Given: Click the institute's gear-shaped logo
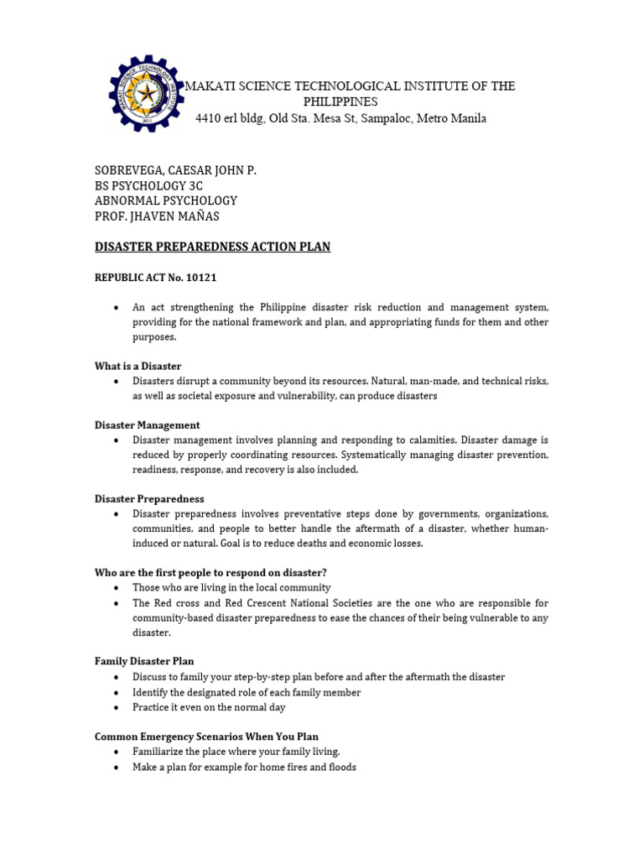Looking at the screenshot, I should pos(145,95).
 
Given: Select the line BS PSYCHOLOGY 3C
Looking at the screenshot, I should pos(148,185).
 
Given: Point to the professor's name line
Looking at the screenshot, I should pos(158,216).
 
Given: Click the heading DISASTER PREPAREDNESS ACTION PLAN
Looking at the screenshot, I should pos(212,247).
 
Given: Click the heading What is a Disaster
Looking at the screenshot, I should pos(138,366).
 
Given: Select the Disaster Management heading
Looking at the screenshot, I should pos(147,425).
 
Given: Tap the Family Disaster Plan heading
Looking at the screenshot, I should pos(143,662).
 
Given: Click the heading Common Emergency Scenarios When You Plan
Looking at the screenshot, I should pos(206,737).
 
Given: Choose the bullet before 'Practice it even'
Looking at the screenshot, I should pos(115,707).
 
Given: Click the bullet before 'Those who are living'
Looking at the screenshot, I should pos(115,588).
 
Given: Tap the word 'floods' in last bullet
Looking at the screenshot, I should pos(340,767).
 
